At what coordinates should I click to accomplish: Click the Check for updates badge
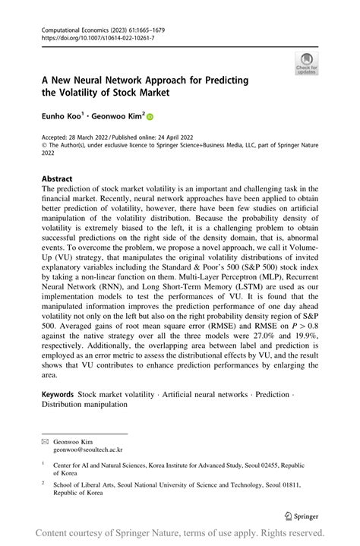click(307, 62)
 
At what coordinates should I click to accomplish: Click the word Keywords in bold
click(58, 395)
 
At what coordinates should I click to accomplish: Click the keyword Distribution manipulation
click(84, 405)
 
